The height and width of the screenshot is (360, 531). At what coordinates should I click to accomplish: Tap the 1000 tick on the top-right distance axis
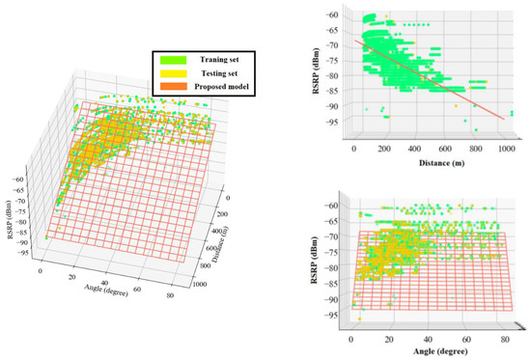coord(505,151)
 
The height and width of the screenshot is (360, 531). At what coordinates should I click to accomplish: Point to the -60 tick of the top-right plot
coord(334,15)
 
